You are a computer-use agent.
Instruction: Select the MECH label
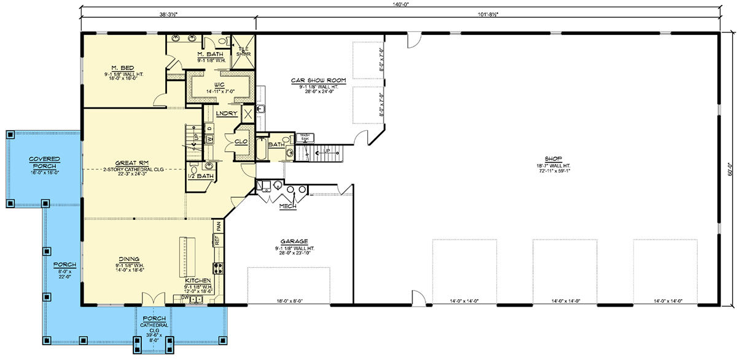[x=287, y=207]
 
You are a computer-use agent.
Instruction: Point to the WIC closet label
[x=218, y=84]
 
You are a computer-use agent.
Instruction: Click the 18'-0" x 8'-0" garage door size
[x=289, y=301]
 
